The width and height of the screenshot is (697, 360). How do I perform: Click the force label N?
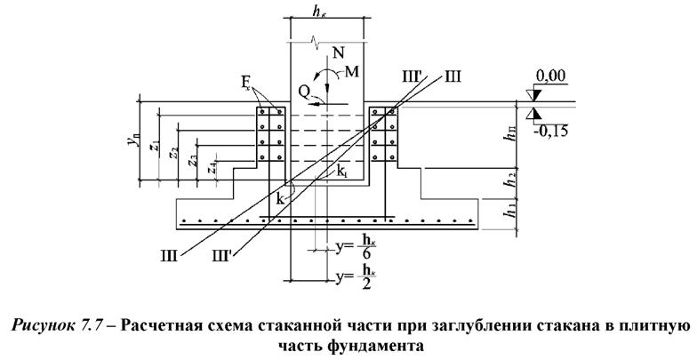337,54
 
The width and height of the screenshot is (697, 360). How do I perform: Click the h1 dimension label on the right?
509,214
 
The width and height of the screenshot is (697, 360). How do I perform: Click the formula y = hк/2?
350,281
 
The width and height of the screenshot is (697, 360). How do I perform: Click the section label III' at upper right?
409,78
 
